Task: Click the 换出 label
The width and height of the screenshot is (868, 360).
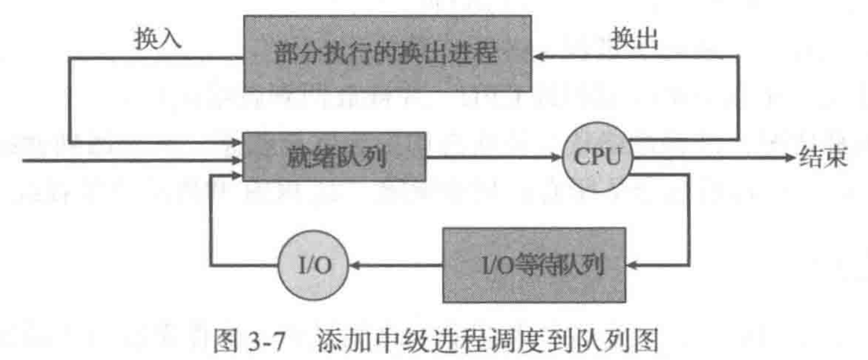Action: [634, 40]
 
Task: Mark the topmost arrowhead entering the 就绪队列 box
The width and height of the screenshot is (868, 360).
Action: [237, 143]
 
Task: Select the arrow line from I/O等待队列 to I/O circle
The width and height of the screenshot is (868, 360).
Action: [395, 266]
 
